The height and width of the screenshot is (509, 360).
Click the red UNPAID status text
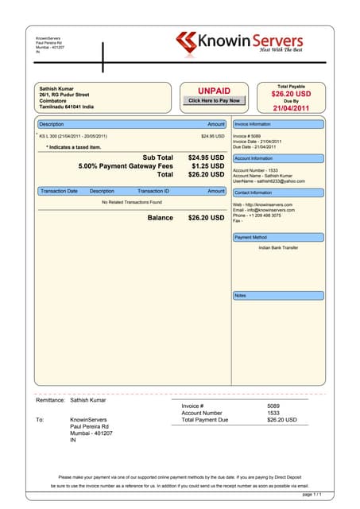tap(214, 91)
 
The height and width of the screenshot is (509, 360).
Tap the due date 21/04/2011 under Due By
tap(291, 109)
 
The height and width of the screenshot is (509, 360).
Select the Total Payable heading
tap(291, 86)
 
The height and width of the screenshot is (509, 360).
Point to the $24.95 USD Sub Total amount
tap(206, 157)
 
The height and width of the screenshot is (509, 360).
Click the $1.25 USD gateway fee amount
tap(208, 166)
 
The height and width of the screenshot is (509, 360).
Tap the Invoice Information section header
tap(253, 125)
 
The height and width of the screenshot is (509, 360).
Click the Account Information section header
tap(254, 158)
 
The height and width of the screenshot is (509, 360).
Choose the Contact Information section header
tap(254, 192)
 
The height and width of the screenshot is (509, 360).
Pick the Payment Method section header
tap(250, 237)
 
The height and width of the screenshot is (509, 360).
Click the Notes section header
tap(240, 295)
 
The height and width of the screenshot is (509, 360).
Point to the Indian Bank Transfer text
tap(278, 248)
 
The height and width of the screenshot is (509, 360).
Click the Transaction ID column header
tap(153, 192)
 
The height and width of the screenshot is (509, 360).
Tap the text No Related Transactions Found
tap(132, 203)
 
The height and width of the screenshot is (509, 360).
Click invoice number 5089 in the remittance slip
tap(273, 406)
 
